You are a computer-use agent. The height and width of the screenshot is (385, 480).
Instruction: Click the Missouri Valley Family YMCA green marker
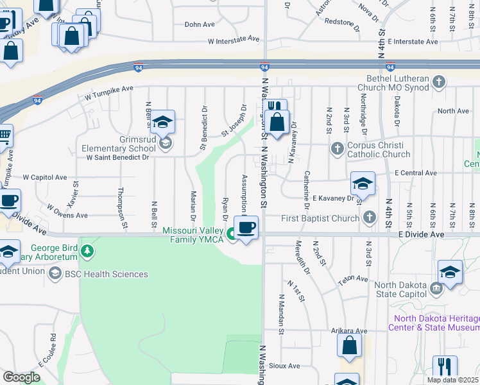pos(230,240)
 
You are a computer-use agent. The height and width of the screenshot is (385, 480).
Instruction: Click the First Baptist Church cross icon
pos(369,218)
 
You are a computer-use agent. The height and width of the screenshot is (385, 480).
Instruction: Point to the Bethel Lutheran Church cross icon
pos(439,81)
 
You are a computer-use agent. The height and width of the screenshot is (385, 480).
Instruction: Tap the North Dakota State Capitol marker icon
pos(437,289)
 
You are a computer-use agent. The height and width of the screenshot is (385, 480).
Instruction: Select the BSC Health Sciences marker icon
pos(56,274)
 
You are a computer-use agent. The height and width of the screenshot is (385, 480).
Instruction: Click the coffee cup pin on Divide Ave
pos(246,227)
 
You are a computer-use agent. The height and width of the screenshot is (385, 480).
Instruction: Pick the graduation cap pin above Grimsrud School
pos(163,121)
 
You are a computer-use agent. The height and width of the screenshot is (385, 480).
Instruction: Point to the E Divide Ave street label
pos(421,235)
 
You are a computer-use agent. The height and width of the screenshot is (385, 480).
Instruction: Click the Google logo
pos(21,377)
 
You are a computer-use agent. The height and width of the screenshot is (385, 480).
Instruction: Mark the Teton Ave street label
pos(353,279)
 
